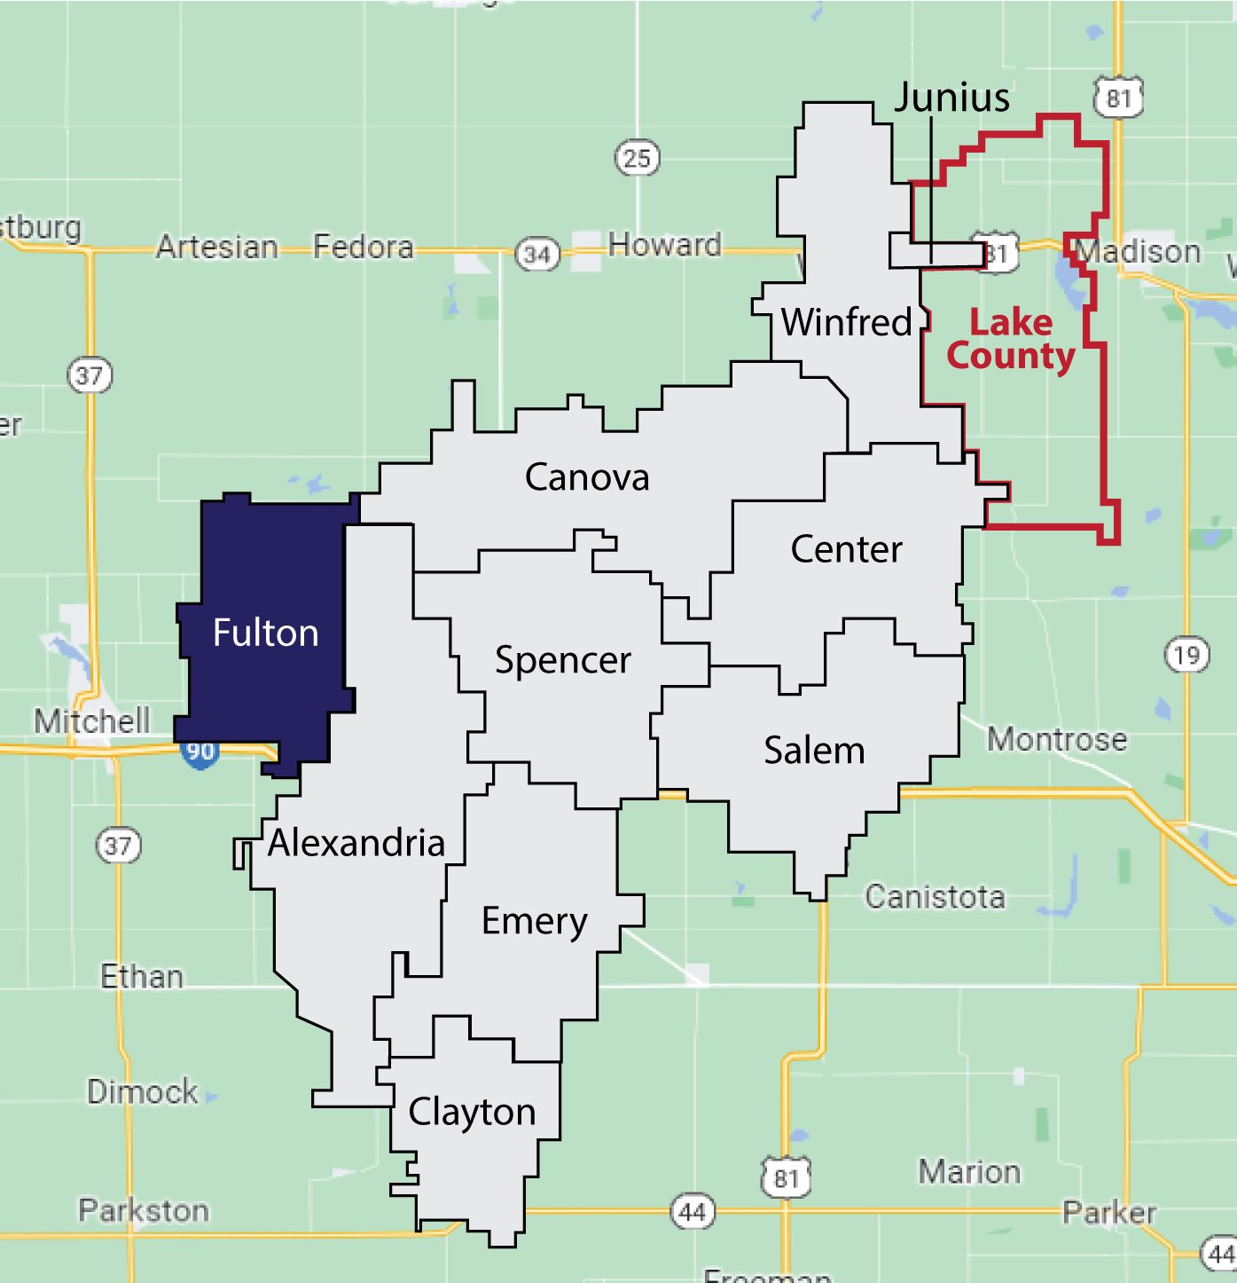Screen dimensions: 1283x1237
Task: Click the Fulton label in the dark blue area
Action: tap(265, 634)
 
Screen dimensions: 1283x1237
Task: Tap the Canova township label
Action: tap(587, 477)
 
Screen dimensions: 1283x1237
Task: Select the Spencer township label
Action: tap(563, 660)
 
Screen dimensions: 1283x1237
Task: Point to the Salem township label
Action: tap(814, 751)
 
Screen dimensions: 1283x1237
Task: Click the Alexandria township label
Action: tap(356, 843)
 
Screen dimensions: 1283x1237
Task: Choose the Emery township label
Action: tap(534, 922)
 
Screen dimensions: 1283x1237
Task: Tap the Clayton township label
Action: tap(472, 1112)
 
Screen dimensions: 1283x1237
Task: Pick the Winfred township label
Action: tap(846, 322)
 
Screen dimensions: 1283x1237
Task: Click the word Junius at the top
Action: tap(951, 97)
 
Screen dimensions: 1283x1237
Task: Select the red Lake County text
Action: tap(1011, 339)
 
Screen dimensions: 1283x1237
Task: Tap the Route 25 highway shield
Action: tap(637, 159)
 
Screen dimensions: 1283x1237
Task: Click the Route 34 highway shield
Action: tap(537, 256)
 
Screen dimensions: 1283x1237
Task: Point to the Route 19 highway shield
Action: tap(1186, 656)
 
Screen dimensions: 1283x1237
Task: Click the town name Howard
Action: tap(664, 244)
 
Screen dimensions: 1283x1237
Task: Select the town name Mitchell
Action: tap(92, 720)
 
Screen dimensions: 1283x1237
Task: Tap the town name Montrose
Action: tap(1057, 739)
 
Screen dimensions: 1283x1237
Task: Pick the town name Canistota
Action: tap(935, 897)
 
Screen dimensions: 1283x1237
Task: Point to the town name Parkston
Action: tap(144, 1210)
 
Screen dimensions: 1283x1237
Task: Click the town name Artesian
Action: tap(217, 247)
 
